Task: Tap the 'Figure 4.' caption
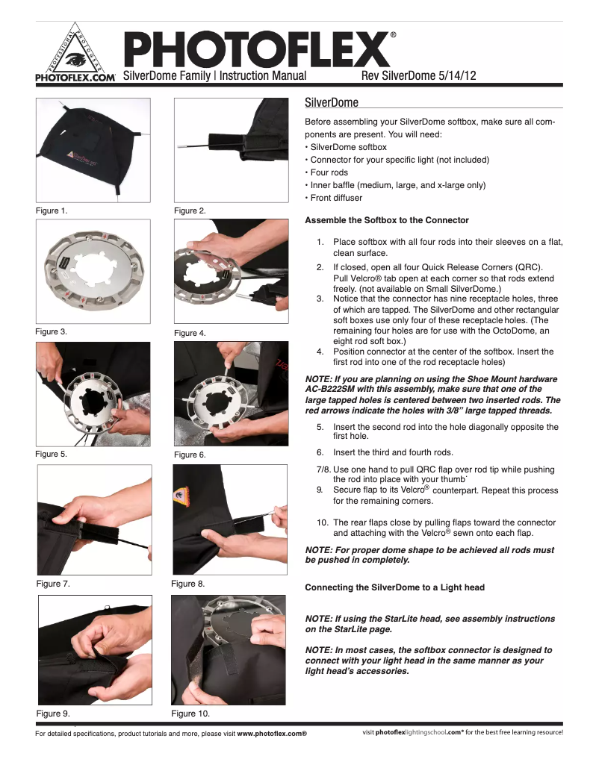[x=190, y=333]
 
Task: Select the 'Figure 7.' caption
[x=53, y=584]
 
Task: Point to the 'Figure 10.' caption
[x=190, y=714]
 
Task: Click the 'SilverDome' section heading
[x=332, y=102]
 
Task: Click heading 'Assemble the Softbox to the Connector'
[x=387, y=220]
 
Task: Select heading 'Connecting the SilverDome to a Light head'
[x=394, y=587]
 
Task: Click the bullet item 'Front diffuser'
[x=336, y=198]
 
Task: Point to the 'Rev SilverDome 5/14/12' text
[x=418, y=76]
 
